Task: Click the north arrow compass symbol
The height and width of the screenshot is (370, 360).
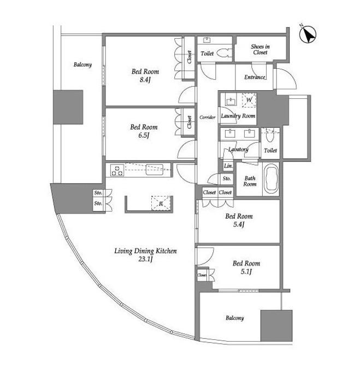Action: coord(308,34)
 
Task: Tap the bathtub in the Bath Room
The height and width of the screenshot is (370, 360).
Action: coord(271,179)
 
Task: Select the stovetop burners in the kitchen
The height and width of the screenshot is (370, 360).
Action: coord(117,171)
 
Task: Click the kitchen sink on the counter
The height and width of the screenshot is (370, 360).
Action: coord(155,169)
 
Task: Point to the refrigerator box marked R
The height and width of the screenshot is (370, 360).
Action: coord(161,203)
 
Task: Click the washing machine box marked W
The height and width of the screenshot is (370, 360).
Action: coord(249,100)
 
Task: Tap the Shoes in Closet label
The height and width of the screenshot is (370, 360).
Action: coord(260,49)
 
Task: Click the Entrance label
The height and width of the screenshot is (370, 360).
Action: coord(255,77)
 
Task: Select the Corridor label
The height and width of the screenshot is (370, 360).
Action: coord(208,117)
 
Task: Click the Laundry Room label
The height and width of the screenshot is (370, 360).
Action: coord(238,116)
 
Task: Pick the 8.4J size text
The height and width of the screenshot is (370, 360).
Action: coord(145,80)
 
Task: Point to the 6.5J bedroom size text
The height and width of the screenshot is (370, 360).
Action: coord(144,136)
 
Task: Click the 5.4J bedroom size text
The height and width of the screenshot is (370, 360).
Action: coord(239,225)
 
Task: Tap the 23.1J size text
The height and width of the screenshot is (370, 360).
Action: coord(145,259)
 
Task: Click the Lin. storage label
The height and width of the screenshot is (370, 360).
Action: coord(228,166)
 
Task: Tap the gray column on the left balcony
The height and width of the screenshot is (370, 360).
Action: coord(68,107)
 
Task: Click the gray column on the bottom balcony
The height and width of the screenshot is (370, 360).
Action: coord(276,325)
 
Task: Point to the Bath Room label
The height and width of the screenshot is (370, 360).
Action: coord(250,181)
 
